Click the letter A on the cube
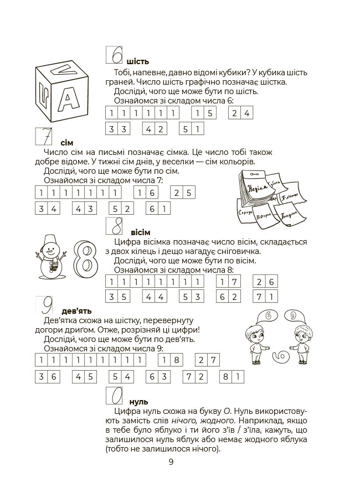pos(67,100)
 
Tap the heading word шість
pos(137,61)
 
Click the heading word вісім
pos(141,232)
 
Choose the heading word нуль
pos(138,402)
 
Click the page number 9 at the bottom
pos(171,462)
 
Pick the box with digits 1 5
pos(203,113)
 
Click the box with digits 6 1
pos(158,209)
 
